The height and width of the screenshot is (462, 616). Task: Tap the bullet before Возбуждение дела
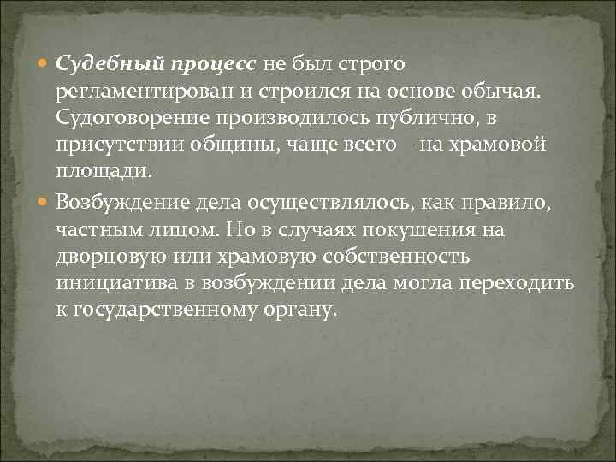pyautogui.click(x=45, y=204)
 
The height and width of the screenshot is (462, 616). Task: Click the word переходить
pyautogui.click(x=521, y=283)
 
